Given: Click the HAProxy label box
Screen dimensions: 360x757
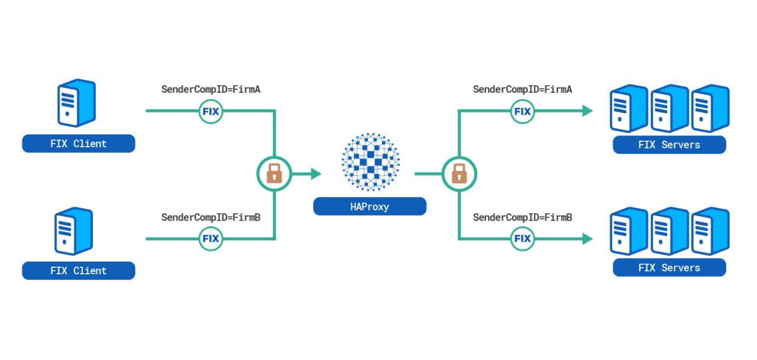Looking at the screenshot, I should click(x=370, y=206).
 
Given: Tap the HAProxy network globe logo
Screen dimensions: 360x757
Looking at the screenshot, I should click(x=371, y=161).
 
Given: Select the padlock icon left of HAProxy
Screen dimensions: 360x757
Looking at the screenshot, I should click(x=274, y=174).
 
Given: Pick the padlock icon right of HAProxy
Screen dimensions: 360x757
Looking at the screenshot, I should click(x=459, y=174).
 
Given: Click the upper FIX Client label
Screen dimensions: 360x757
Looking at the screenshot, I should click(x=79, y=144).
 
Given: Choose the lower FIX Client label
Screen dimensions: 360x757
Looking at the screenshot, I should click(x=79, y=271).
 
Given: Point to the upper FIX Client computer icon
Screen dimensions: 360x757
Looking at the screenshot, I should click(x=76, y=103).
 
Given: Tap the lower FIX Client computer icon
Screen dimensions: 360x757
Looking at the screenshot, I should click(x=74, y=231).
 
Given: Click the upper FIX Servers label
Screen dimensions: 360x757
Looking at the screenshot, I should click(x=669, y=145).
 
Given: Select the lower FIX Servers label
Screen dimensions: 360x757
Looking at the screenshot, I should click(x=669, y=268).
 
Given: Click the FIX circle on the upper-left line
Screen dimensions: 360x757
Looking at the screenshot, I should click(x=211, y=111).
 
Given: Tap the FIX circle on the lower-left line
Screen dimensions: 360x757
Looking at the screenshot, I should click(x=211, y=239).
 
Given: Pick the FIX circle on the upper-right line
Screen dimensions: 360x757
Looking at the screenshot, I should click(x=522, y=111).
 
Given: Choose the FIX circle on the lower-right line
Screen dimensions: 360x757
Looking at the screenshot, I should click(x=522, y=239).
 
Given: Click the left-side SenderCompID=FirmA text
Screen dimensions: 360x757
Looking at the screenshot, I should click(x=211, y=90).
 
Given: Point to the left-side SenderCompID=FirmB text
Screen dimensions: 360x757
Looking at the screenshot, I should click(x=211, y=218).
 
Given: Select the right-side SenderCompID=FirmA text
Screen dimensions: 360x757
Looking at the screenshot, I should click(x=522, y=90).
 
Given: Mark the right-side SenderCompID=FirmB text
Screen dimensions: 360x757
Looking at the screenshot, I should click(x=522, y=218).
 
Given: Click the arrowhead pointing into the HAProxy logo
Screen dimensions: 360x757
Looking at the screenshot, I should click(x=315, y=174).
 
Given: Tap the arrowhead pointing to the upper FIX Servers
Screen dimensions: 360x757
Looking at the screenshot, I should click(x=587, y=111).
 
